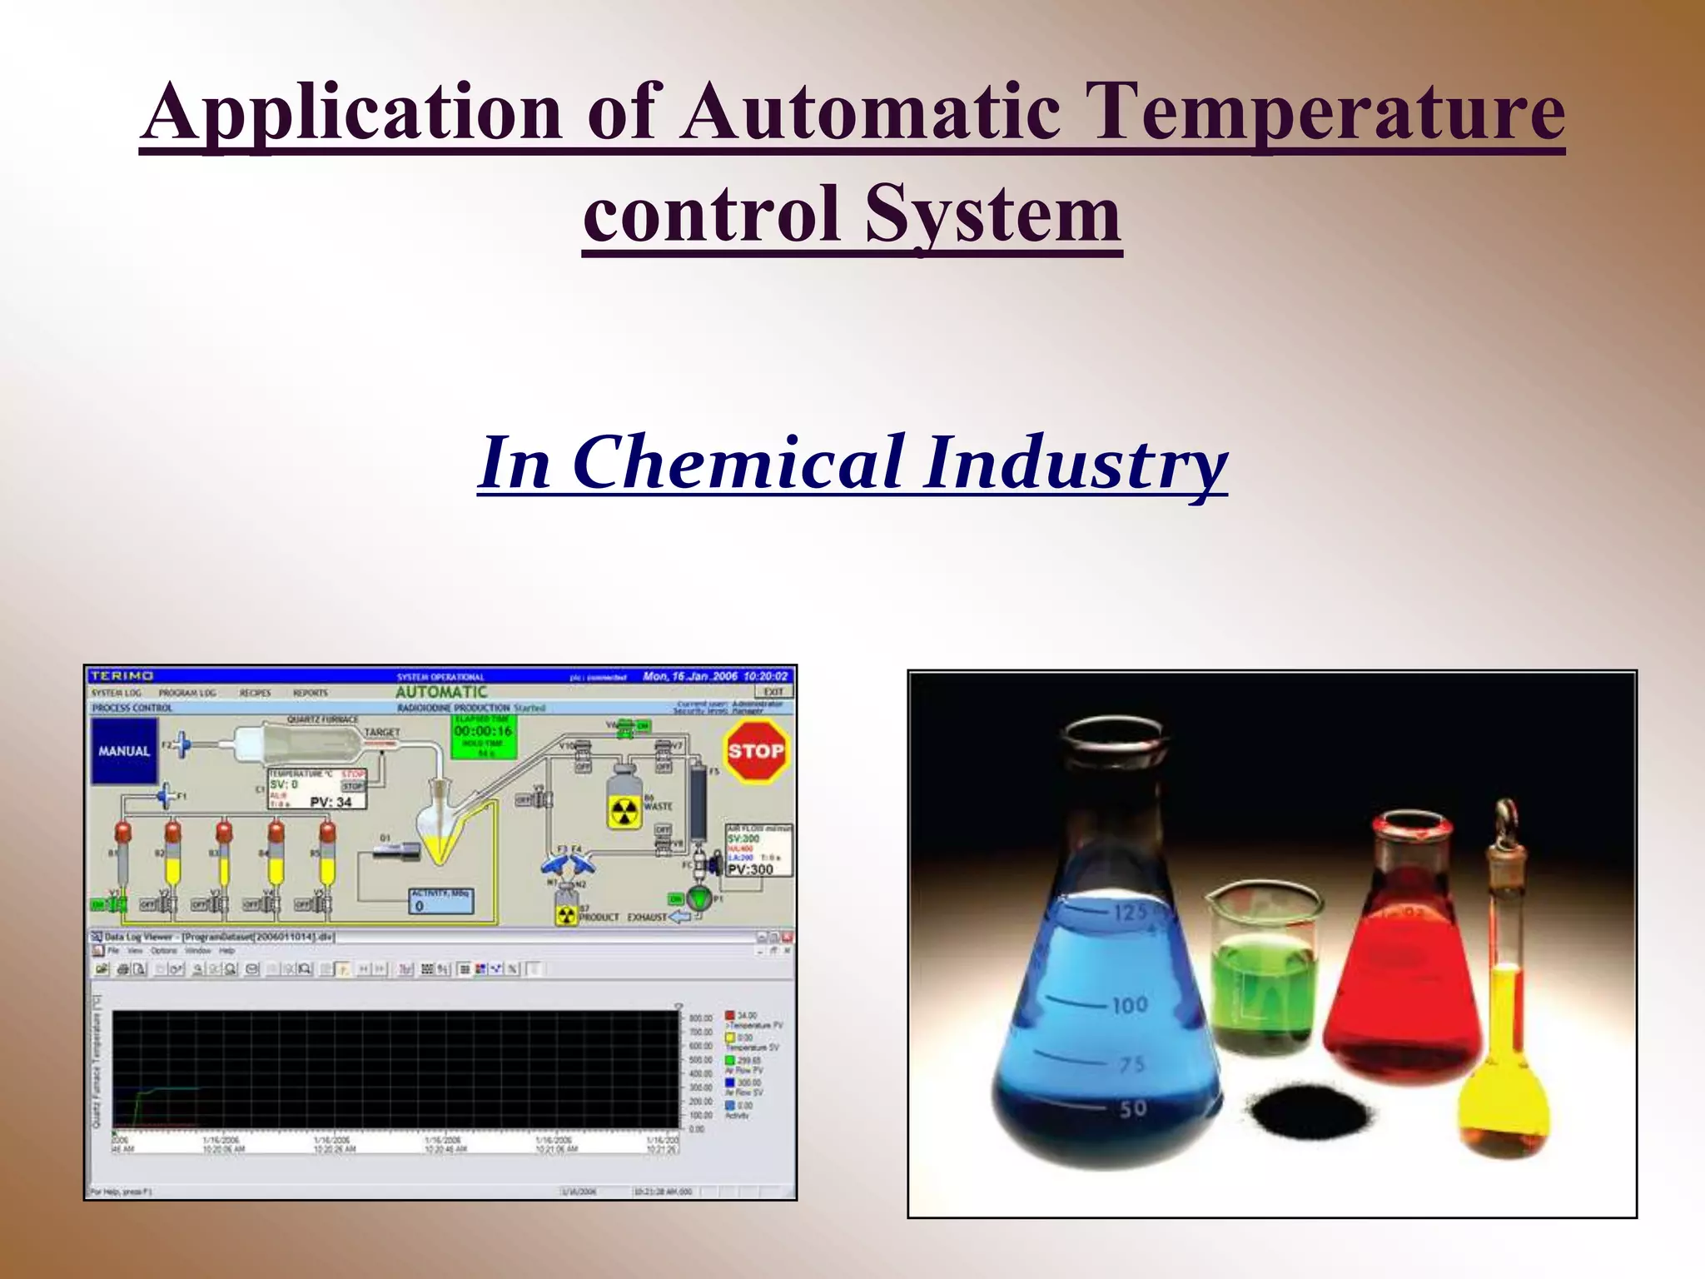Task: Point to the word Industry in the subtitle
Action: click(x=1075, y=462)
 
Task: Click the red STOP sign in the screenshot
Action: click(x=755, y=751)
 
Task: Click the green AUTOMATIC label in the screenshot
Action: click(x=441, y=692)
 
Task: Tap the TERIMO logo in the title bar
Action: click(x=122, y=676)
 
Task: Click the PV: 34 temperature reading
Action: click(x=331, y=802)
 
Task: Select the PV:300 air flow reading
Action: click(x=750, y=869)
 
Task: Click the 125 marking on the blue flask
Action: click(x=1131, y=913)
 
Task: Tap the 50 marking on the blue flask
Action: click(x=1132, y=1108)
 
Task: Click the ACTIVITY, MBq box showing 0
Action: click(x=440, y=901)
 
